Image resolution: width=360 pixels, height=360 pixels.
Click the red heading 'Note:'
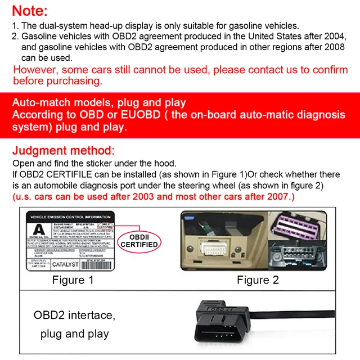30,10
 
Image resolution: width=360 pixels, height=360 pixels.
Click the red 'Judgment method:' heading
63,151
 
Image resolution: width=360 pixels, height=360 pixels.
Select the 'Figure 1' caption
73,280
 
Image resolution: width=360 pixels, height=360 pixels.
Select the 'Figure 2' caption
258,280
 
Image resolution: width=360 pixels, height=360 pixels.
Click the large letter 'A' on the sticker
38,230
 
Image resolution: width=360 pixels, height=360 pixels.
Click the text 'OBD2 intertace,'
74,315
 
